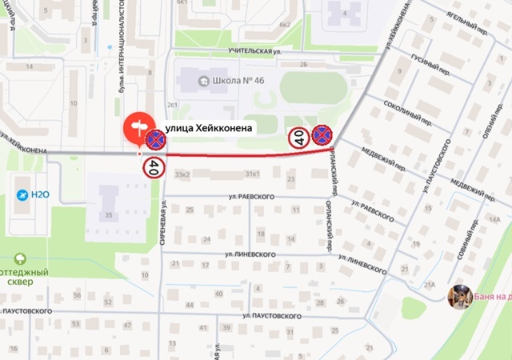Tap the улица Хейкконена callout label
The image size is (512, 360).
click(x=209, y=127)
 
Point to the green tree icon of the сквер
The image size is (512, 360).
click(x=21, y=259)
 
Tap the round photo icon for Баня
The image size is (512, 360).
click(x=459, y=295)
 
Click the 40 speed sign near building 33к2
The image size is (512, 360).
click(x=153, y=167)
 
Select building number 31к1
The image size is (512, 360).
click(x=253, y=174)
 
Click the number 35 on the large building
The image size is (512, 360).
click(x=108, y=215)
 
